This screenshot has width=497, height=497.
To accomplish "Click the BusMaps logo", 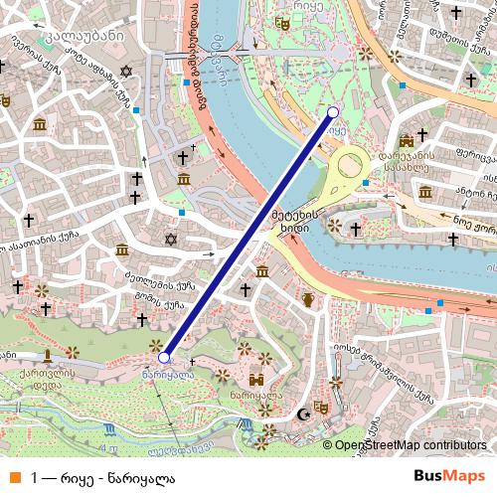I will [x=442, y=476].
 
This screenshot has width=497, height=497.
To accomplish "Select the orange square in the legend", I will [x=13, y=476].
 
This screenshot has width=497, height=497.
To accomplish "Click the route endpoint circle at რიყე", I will [x=333, y=112].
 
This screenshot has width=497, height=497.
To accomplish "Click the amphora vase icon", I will [x=309, y=299].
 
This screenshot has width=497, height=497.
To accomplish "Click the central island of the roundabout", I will [x=351, y=167].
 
